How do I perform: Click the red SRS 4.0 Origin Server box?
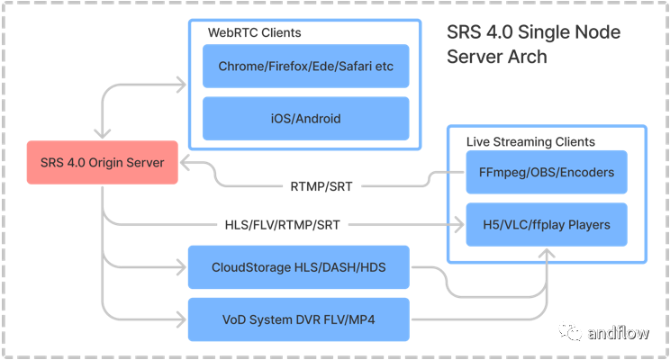(x=102, y=163)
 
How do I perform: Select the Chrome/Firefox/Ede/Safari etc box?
(x=306, y=67)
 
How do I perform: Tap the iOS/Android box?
(x=306, y=118)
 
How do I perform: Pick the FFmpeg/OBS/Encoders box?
(x=547, y=172)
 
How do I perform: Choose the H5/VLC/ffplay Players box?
(x=547, y=224)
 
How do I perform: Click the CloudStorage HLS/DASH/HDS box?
(x=298, y=267)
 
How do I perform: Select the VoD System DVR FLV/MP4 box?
(x=298, y=319)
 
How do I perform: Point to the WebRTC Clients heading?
(x=255, y=33)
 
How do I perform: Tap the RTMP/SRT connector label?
(x=321, y=188)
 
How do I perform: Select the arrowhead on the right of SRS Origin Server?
(x=184, y=163)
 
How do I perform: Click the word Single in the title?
(x=533, y=33)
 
